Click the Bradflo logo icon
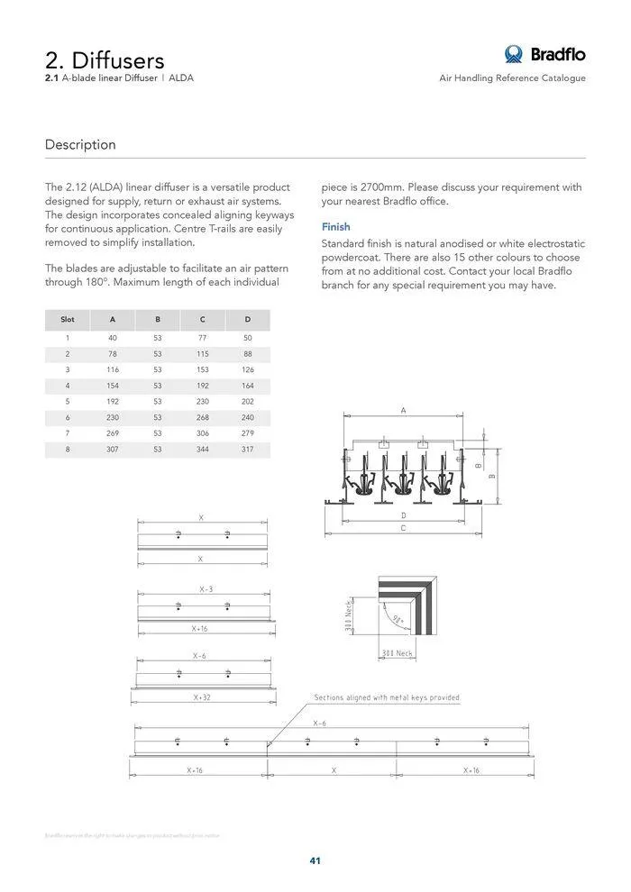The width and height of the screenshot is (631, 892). click(514, 54)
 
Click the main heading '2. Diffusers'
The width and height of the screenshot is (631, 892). click(105, 59)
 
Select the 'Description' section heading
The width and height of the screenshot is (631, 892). click(80, 144)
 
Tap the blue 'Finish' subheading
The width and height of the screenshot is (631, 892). click(335, 227)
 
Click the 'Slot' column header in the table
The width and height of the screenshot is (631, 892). click(68, 319)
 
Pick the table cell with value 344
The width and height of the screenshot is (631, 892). click(203, 449)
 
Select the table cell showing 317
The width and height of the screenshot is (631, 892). click(248, 449)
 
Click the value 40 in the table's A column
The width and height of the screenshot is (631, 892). click(113, 337)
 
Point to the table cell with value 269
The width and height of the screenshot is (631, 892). click(113, 432)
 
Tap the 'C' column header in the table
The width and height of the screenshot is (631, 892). click(203, 319)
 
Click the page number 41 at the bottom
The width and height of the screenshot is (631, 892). click(315, 860)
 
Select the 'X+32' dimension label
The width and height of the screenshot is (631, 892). click(202, 697)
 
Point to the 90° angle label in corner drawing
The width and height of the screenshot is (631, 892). click(397, 620)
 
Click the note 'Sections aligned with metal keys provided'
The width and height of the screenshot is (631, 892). click(386, 697)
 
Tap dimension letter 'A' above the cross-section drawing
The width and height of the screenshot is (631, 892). click(403, 410)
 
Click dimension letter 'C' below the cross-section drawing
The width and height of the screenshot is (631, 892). click(403, 528)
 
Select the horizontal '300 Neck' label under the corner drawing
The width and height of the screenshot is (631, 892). click(397, 652)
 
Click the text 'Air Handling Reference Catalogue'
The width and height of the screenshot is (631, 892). click(512, 78)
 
